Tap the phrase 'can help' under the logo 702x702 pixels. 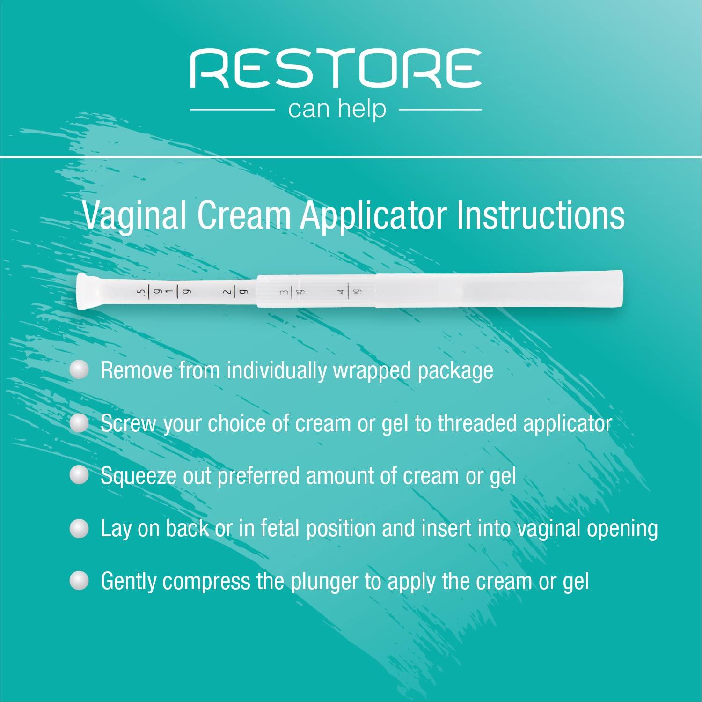pyautogui.click(x=337, y=109)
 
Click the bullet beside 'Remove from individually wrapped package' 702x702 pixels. pyautogui.click(x=79, y=370)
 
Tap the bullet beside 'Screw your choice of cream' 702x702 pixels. pyautogui.click(x=79, y=423)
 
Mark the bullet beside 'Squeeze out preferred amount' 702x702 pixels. pyautogui.click(x=79, y=476)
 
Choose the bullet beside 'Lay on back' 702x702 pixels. pyautogui.click(x=79, y=529)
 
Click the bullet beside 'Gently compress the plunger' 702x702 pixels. pyautogui.click(x=79, y=581)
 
